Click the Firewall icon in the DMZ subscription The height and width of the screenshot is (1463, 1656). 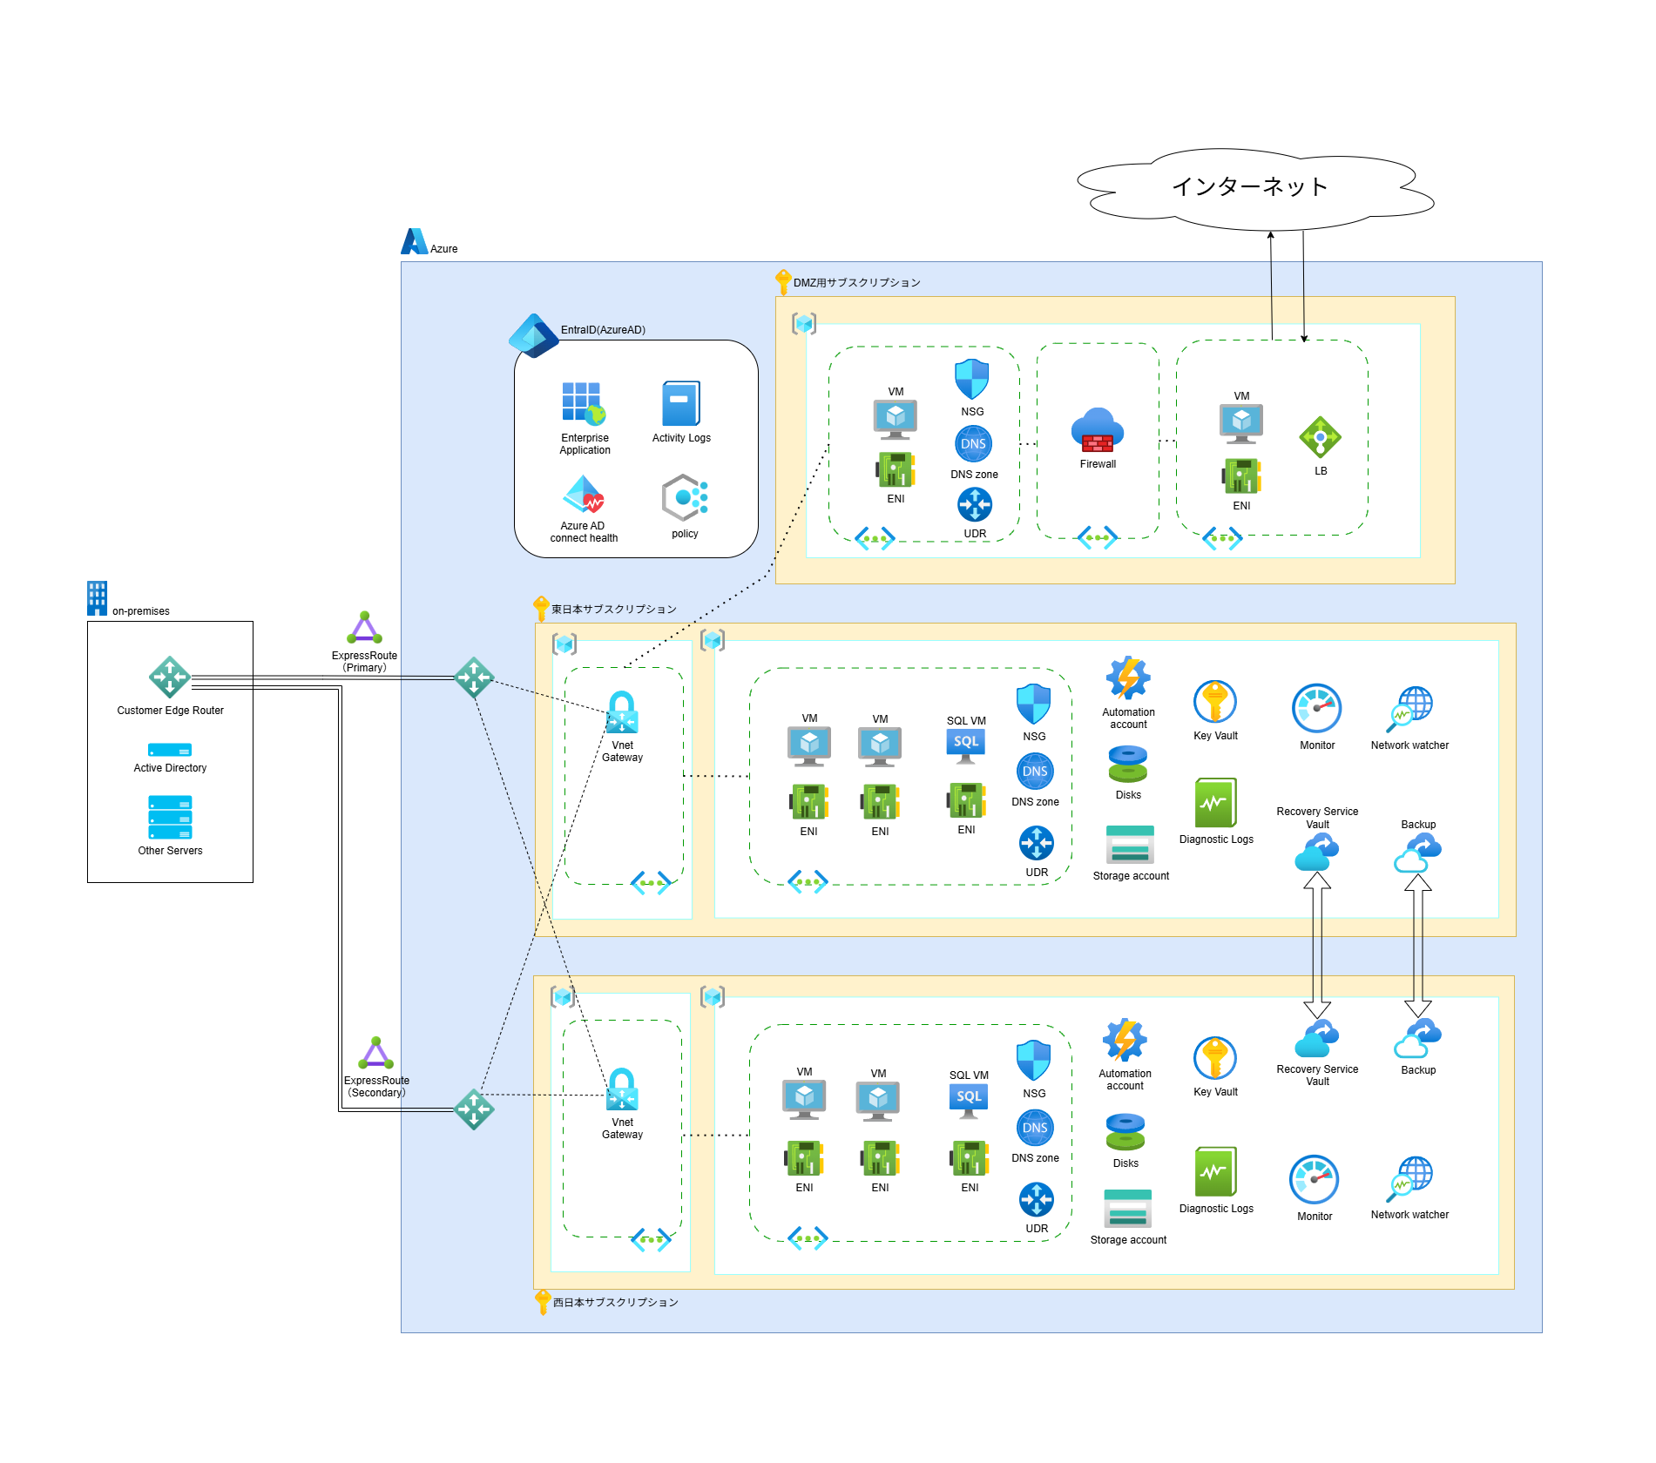point(1098,430)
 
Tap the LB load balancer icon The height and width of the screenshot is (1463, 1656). point(1320,437)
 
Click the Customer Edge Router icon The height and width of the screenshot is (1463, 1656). point(170,677)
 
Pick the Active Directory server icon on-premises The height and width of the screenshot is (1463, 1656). point(170,750)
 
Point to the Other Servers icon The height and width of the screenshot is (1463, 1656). point(170,817)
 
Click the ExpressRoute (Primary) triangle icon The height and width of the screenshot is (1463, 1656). point(364,629)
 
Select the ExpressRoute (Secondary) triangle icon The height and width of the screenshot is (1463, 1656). point(375,1054)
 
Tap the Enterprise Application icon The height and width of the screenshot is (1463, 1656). point(583,403)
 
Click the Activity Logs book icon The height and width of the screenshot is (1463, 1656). point(681,403)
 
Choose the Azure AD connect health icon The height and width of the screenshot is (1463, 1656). point(583,495)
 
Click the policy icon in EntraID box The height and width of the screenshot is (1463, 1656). point(684,498)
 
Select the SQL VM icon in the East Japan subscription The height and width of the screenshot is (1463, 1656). point(966,745)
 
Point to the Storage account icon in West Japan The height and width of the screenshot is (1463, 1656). point(1128,1209)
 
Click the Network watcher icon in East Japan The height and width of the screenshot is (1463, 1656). point(1409,709)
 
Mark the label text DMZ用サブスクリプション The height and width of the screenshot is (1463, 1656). point(856,283)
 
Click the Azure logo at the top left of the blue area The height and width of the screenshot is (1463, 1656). point(414,242)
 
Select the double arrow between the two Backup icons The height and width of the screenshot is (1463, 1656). point(1418,945)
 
